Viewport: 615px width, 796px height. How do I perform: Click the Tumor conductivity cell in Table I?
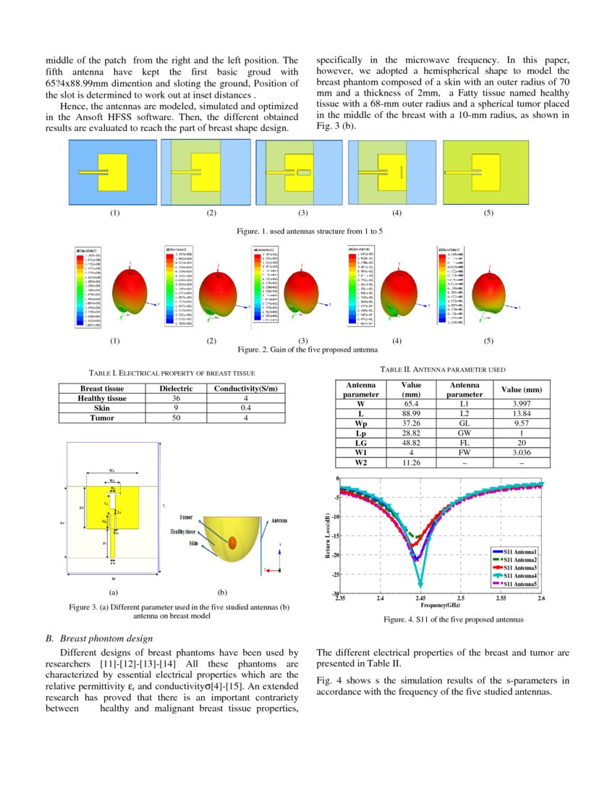pos(246,418)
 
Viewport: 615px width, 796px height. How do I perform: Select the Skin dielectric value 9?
pos(176,408)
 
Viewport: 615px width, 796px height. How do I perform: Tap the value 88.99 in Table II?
pos(410,412)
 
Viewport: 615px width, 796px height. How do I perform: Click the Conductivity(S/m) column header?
pos(246,389)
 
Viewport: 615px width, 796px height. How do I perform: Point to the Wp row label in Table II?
pos(360,423)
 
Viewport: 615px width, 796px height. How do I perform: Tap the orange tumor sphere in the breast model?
pos(232,542)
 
